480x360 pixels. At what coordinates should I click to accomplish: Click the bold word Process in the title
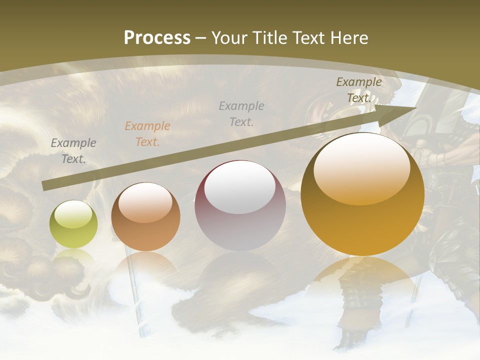pos(157,37)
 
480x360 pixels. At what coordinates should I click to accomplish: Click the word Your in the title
pos(230,37)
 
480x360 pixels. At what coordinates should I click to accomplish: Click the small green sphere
pos(73,224)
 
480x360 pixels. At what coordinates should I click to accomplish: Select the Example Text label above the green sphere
pos(73,151)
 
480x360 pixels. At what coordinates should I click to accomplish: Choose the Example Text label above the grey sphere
pos(241,114)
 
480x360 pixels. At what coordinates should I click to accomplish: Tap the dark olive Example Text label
pos(359,90)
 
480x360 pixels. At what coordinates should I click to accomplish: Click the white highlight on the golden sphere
pos(361,167)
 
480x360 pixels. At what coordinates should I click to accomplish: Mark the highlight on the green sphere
pos(73,214)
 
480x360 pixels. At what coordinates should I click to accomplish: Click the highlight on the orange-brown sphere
pos(145,202)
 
